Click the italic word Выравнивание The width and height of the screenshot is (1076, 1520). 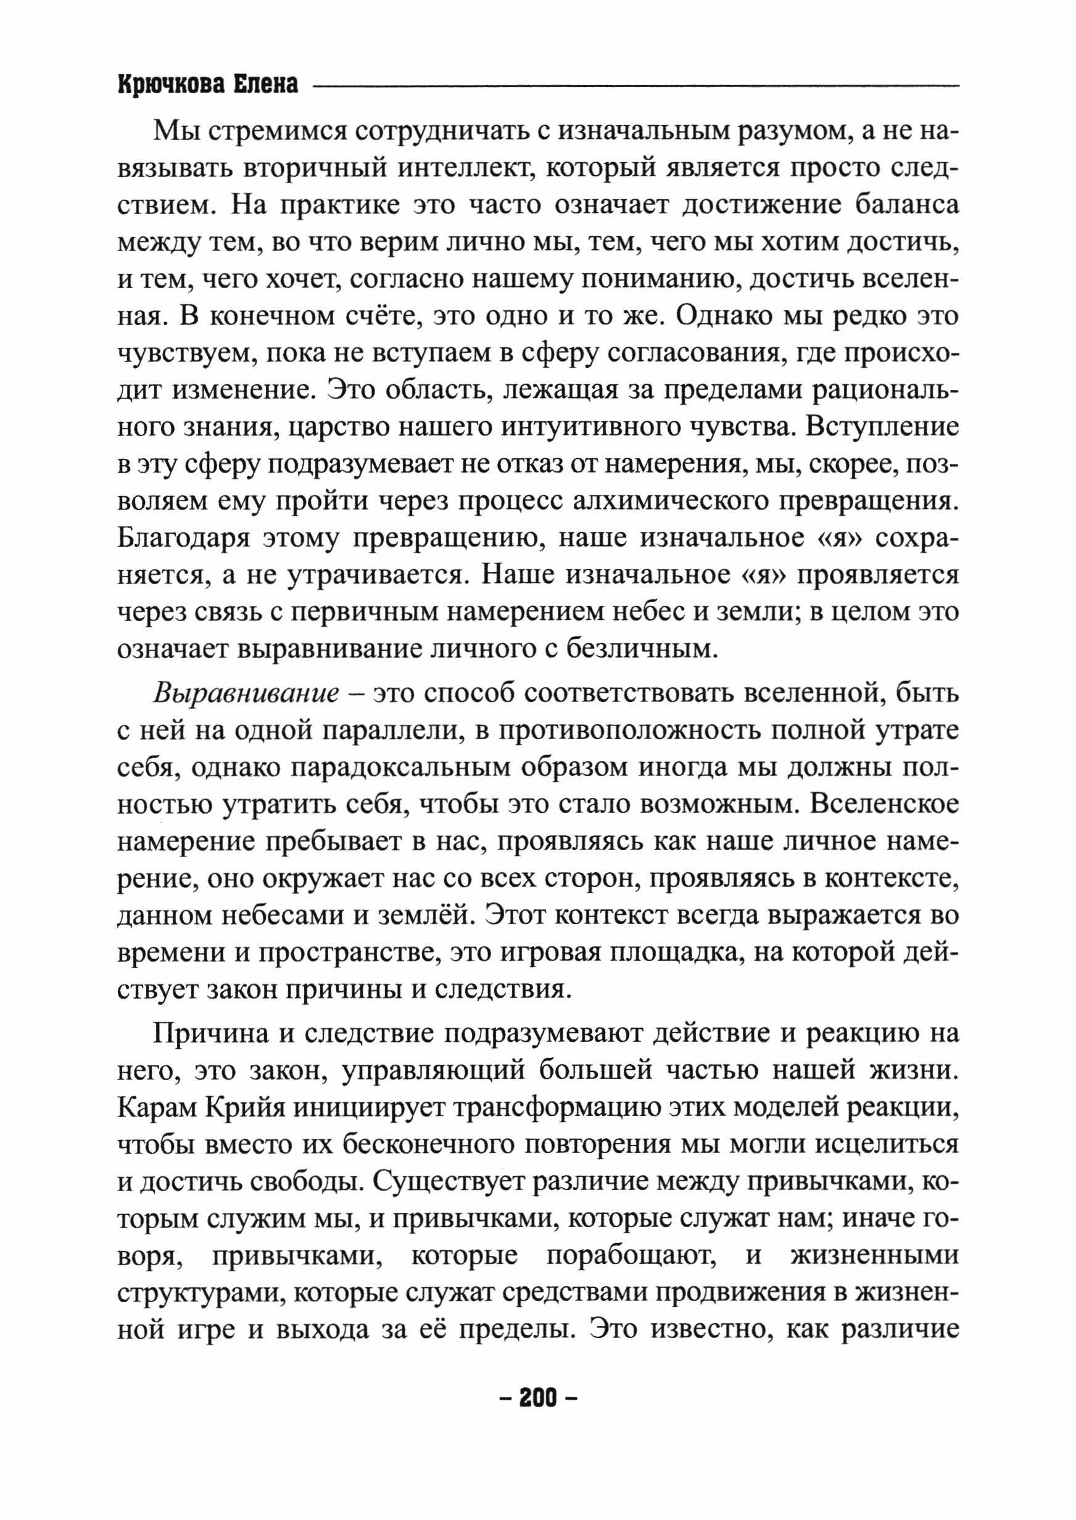pos(246,693)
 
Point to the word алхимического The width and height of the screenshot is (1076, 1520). pos(669,500)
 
